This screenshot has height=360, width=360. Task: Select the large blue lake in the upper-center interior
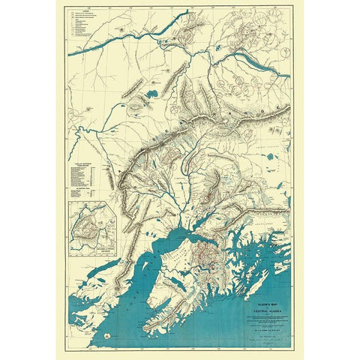tap(149, 95)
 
